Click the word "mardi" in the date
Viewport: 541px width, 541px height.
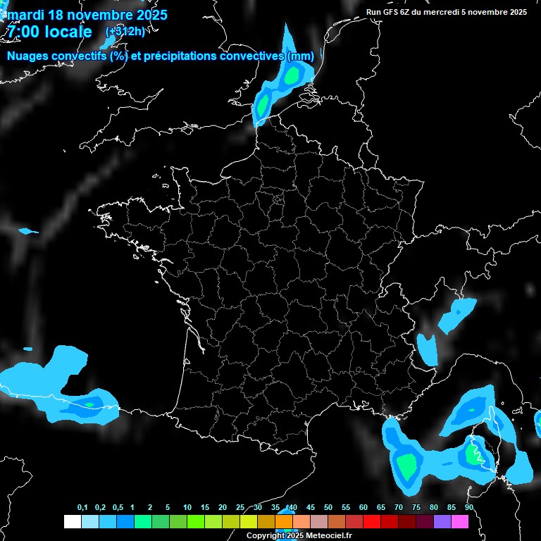coord(25,15)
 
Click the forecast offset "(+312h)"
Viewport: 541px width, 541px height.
coord(125,32)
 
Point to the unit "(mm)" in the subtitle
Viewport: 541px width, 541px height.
coord(301,56)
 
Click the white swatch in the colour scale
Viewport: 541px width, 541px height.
coord(72,522)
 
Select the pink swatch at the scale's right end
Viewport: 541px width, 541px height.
coord(459,522)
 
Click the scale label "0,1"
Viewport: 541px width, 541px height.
coord(82,508)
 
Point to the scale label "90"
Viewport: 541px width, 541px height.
coord(468,508)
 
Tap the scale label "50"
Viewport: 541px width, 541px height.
coord(328,508)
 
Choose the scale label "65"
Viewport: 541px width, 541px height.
coord(380,508)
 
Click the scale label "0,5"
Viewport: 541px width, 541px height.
coord(118,508)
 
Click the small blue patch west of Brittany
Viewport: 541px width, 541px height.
coord(27,231)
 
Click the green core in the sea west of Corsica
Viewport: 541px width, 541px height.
coord(406,465)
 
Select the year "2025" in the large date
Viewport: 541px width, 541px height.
coord(144,15)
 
